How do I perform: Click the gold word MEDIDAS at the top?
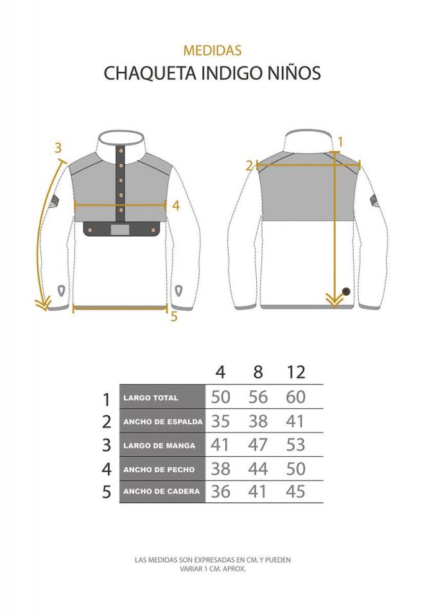212,50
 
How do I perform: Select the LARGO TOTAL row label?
151,398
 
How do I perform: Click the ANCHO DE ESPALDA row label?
163,422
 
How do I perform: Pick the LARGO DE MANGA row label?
159,446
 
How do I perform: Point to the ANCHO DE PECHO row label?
159,470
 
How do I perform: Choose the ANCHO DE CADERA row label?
162,491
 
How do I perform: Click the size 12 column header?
296,372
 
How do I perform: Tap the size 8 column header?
258,372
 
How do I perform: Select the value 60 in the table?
296,397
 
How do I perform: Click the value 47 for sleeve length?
258,445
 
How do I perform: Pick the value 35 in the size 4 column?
220,421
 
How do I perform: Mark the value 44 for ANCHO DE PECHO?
258,468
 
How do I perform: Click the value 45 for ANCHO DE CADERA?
296,491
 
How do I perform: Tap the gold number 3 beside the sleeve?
58,148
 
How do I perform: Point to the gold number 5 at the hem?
174,316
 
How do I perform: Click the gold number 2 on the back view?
249,166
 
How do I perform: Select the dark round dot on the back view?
346,291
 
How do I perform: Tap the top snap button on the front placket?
121,151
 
